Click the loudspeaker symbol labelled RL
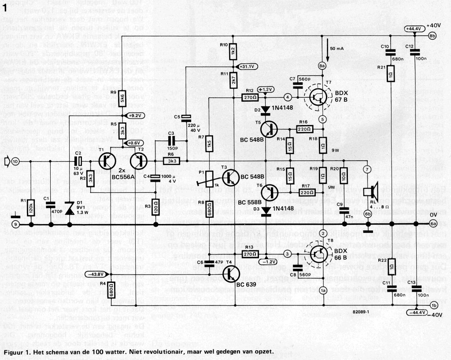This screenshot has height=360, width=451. [x=369, y=192]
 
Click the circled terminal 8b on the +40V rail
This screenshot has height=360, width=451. [x=432, y=36]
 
